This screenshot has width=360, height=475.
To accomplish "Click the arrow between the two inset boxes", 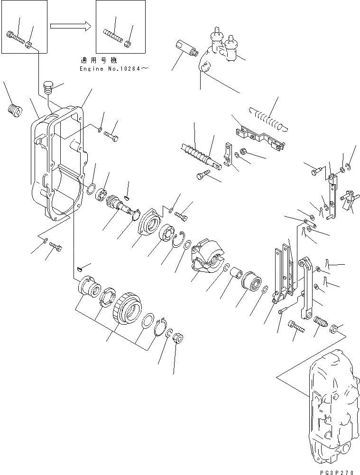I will click(x=70, y=27).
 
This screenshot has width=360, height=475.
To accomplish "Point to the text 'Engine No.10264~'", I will click(x=114, y=69).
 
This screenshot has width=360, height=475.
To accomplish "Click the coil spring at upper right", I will click(x=269, y=118).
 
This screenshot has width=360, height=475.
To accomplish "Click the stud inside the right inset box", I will click(x=112, y=35).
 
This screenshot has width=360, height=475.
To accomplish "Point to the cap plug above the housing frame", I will click(x=47, y=88).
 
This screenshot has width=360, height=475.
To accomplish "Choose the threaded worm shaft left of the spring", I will click(x=195, y=152).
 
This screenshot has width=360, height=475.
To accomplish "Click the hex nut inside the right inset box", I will click(x=128, y=45).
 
